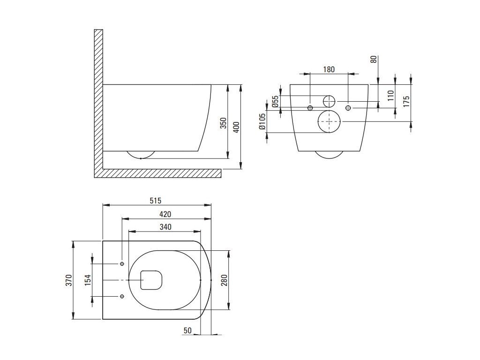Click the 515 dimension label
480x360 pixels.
tap(156, 201)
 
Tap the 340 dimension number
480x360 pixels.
tap(165, 227)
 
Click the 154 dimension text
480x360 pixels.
tap(88, 280)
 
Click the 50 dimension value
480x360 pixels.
tap(187, 331)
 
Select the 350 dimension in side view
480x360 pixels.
tap(224, 123)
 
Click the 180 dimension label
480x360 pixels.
tap(329, 69)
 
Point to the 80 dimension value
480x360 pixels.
tap(374, 60)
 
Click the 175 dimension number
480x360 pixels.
tap(407, 101)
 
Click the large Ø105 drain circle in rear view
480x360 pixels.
tap(330, 121)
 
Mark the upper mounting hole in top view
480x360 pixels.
tap(122, 264)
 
